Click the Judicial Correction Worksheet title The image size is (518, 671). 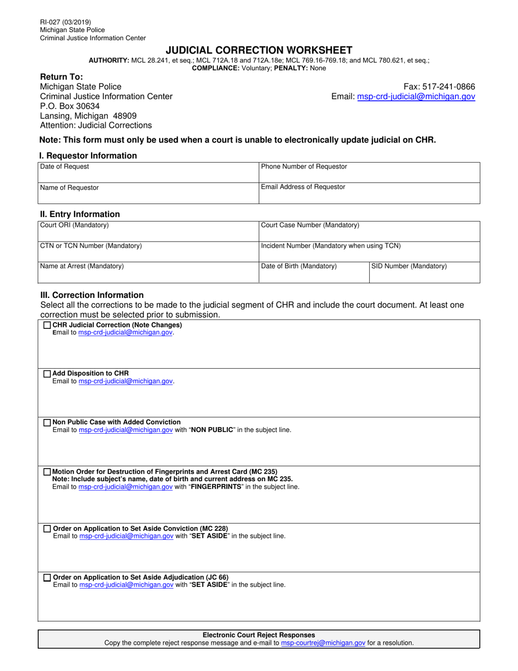(259, 50)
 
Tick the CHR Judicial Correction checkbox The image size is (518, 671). (47, 325)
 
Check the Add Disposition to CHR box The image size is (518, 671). (47, 374)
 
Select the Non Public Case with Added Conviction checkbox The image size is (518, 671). (47, 422)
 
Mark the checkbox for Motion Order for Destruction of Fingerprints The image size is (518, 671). (47, 472)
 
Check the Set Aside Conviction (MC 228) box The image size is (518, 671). (47, 529)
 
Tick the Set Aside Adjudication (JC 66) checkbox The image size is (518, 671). (47, 577)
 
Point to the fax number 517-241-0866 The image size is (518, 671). (439, 87)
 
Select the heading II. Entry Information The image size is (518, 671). (80, 214)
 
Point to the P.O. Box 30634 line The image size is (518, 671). (70, 106)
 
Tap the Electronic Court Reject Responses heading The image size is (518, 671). (259, 635)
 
